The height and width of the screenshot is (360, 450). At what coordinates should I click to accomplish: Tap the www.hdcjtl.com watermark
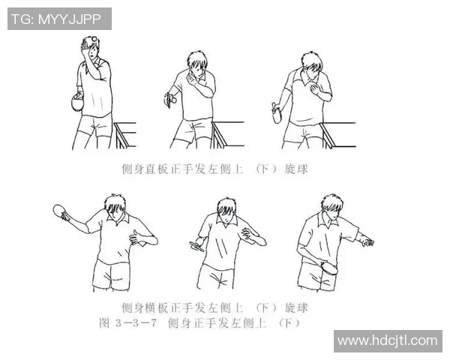point(387,340)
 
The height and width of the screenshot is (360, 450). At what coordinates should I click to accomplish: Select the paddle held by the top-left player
point(76,103)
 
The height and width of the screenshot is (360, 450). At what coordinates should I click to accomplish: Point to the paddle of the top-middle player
point(172,97)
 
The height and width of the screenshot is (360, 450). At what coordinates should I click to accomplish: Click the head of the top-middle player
point(197,64)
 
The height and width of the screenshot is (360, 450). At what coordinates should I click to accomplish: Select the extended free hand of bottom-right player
point(366,241)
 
